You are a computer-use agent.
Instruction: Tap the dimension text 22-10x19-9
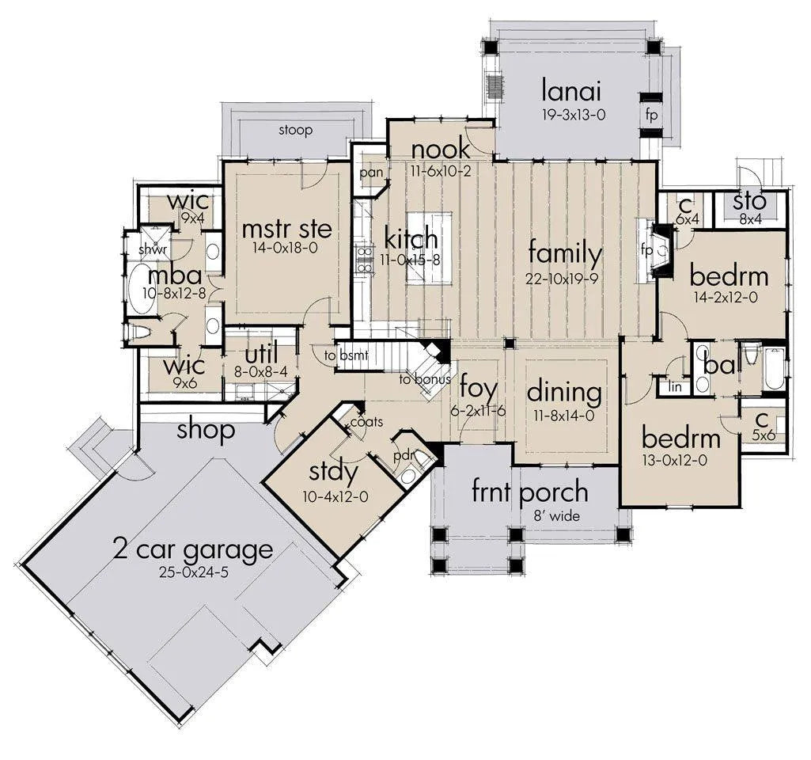pos(562,279)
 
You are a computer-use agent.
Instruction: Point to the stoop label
pos(296,131)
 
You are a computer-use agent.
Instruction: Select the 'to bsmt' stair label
pos(347,355)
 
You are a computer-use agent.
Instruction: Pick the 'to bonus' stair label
pos(425,379)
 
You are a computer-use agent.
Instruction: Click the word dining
pos(564,392)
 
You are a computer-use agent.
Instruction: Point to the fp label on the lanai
pos(651,114)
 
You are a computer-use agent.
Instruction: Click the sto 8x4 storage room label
pos(750,207)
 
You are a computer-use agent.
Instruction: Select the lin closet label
pos(675,386)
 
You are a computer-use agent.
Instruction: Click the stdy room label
pos(333,472)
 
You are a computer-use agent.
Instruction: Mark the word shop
pos(206,429)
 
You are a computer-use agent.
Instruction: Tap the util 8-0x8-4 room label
pos(261,360)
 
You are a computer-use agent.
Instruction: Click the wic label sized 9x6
pos(184,371)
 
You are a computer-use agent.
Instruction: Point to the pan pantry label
pos(371,173)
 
